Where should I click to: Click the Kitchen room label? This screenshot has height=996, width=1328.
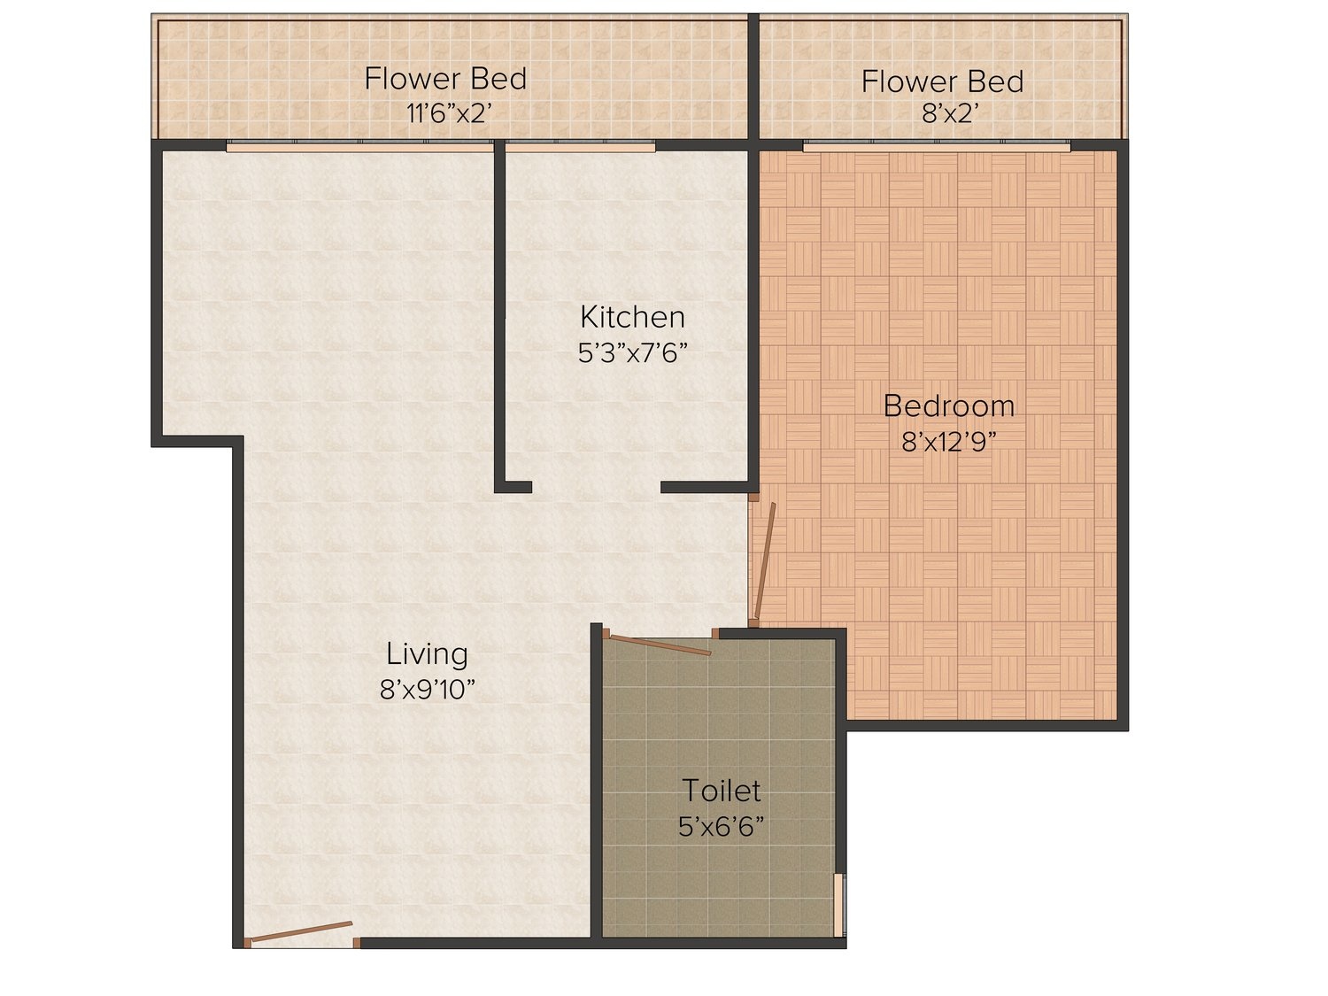pyautogui.click(x=632, y=317)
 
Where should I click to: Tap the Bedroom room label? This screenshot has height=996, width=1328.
pyautogui.click(x=949, y=405)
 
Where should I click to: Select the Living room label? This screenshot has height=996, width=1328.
pyautogui.click(x=427, y=655)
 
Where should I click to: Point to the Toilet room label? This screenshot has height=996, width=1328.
pyautogui.click(x=722, y=791)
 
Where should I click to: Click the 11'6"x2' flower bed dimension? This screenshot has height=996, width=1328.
pyautogui.click(x=445, y=113)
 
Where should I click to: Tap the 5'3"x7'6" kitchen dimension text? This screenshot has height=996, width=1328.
pyautogui.click(x=633, y=353)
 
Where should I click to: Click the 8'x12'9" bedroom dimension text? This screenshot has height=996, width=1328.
pyautogui.click(x=949, y=443)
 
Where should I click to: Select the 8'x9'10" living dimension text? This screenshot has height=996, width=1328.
pyautogui.click(x=427, y=690)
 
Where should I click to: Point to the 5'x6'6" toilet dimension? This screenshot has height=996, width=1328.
pyautogui.click(x=722, y=826)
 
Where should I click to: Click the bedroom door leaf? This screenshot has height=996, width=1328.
pyautogui.click(x=764, y=560)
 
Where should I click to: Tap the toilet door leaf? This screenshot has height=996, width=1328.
pyautogui.click(x=660, y=645)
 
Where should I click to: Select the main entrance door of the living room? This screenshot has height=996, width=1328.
pyautogui.click(x=301, y=932)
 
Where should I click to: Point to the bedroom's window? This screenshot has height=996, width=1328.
pyautogui.click(x=937, y=146)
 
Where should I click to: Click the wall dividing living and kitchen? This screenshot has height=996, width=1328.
pyautogui.click(x=499, y=314)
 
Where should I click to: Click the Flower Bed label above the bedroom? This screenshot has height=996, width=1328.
pyautogui.click(x=943, y=81)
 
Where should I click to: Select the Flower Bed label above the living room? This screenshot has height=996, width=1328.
pyautogui.click(x=446, y=79)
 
